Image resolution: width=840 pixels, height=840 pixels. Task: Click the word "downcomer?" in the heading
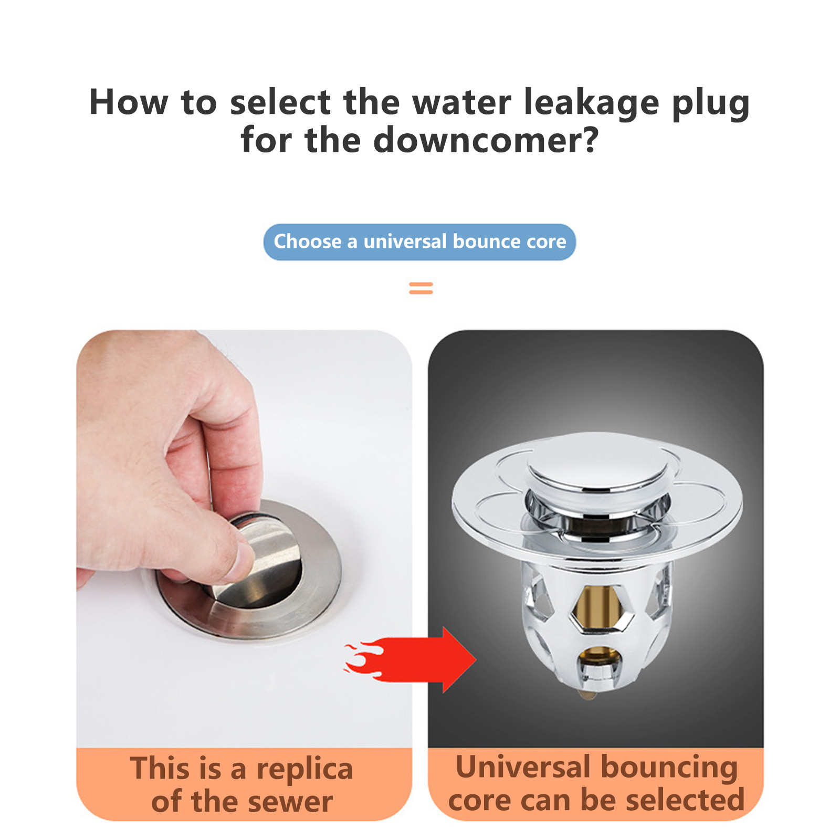point(486,140)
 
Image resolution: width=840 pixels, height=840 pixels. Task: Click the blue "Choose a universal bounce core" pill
point(419,242)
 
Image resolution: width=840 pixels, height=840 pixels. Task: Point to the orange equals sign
point(421,288)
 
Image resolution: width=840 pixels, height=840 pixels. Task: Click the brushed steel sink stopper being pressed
point(257,564)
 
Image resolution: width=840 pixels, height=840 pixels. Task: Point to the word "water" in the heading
point(461,102)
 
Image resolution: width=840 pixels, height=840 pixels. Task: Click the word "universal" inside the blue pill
point(405,241)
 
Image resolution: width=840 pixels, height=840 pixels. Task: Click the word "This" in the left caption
point(161,769)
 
